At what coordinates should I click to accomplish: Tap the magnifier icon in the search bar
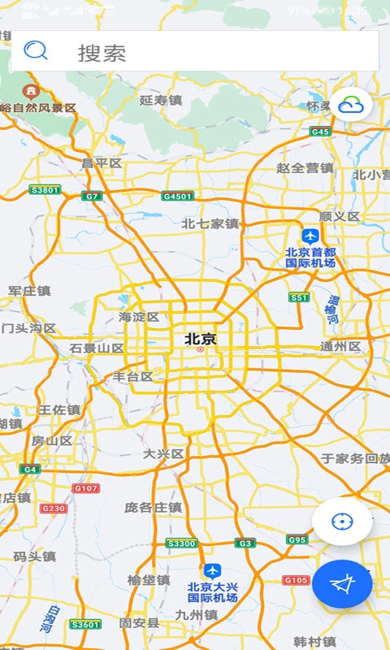click(36, 51)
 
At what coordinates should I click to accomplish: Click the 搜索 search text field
click(203, 53)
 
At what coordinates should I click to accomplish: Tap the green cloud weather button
click(351, 105)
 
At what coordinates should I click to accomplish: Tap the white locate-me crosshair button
click(342, 522)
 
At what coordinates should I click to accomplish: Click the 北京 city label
click(201, 339)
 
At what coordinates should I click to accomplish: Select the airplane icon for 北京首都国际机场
click(310, 236)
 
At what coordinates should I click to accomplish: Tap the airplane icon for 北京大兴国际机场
click(212, 571)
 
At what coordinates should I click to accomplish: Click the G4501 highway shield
click(178, 196)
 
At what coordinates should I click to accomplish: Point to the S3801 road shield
click(45, 190)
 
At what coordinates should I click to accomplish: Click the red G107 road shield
click(86, 488)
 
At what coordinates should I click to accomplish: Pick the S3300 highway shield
click(181, 543)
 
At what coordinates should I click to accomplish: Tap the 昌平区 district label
click(102, 163)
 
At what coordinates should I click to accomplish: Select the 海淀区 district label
click(139, 317)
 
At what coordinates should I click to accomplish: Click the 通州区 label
click(340, 347)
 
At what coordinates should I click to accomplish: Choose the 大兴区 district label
click(163, 453)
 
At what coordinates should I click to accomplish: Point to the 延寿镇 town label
click(160, 101)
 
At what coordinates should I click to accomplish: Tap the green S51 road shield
click(300, 298)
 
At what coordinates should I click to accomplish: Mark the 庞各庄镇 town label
click(153, 507)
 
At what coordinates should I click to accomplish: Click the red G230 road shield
click(53, 509)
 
